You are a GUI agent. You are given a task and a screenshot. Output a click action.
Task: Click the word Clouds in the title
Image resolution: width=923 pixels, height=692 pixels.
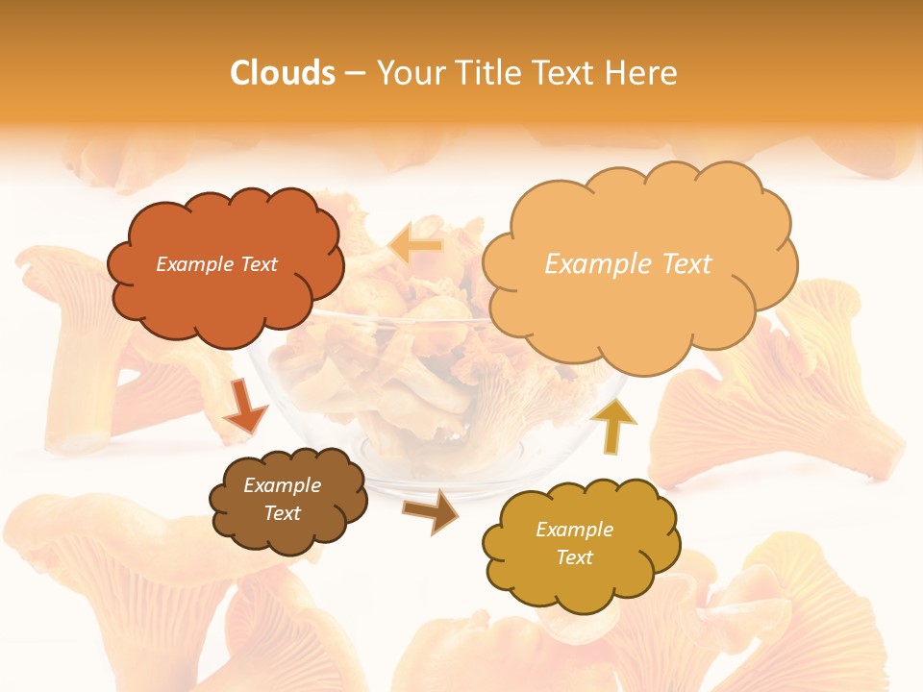pos(283,73)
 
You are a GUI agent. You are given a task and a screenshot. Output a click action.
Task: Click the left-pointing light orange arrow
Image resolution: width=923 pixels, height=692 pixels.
pos(415,246)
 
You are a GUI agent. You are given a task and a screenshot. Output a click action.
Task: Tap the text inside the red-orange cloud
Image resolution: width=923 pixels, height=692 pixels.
pos(216,264)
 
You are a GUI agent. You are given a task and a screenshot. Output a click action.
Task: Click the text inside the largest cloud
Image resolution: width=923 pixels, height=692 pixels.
pos(628,264)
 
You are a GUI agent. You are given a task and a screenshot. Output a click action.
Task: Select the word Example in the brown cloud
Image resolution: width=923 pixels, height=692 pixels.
pos(282,486)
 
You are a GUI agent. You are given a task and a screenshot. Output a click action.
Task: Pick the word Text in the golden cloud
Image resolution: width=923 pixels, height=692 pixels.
pos(574,558)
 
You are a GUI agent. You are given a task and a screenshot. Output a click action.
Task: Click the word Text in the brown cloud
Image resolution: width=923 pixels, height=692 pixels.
pos(282,514)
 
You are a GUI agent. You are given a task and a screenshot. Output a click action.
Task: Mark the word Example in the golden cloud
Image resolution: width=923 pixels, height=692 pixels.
pos(574,530)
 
